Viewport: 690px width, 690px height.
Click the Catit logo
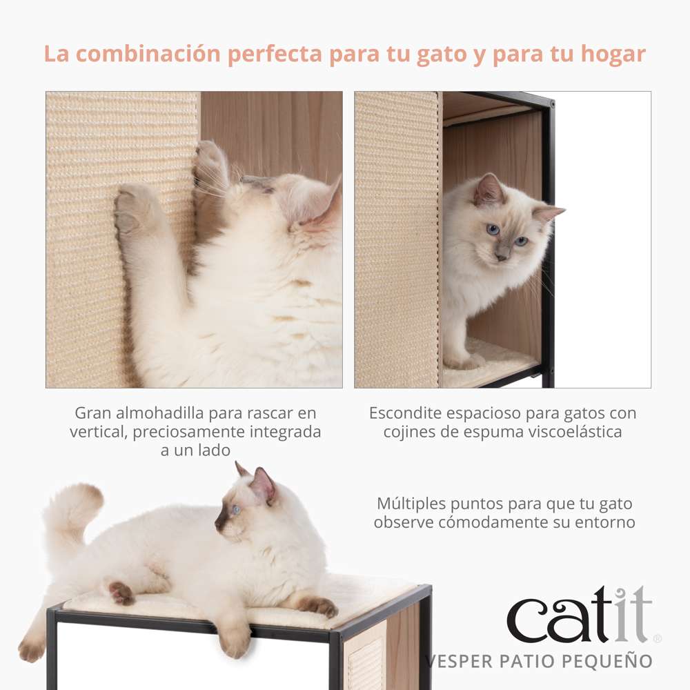click(x=580, y=614)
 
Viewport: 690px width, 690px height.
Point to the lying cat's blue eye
click(x=237, y=510)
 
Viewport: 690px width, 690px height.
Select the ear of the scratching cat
click(x=324, y=207)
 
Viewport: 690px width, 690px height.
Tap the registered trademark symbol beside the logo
click(x=657, y=639)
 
